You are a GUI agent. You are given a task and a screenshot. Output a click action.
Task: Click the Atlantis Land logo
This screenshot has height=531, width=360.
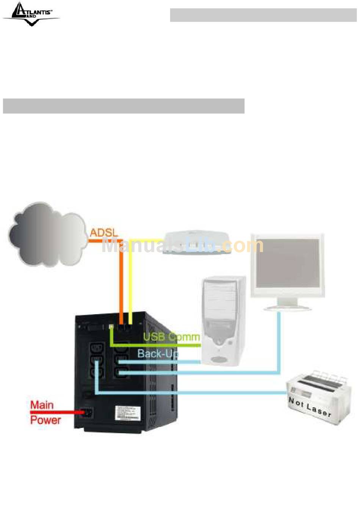31,14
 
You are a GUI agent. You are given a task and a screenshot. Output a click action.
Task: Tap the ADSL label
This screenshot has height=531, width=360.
104,232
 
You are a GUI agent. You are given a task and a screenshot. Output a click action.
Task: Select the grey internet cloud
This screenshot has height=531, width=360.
47,234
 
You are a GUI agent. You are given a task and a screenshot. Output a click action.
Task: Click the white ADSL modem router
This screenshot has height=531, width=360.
197,244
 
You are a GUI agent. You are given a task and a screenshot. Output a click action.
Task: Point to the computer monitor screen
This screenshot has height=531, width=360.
288,263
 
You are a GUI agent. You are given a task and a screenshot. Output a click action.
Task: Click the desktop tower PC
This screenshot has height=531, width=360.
224,320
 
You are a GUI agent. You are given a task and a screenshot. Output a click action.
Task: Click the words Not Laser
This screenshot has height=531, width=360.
310,407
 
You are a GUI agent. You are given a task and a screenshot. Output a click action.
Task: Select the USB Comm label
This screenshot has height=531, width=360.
171,337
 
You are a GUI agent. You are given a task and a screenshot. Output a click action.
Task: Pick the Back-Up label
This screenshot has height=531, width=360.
158,354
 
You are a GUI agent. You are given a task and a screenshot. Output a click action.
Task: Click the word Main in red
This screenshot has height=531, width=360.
42,405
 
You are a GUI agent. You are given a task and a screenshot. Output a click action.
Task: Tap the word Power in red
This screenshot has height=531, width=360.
45,420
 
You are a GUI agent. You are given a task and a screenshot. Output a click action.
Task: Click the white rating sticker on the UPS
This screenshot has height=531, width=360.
127,413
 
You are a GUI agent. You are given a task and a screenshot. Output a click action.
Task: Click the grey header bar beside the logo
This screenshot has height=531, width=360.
263,15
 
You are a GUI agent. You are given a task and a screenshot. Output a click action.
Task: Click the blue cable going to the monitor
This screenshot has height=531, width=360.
279,341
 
